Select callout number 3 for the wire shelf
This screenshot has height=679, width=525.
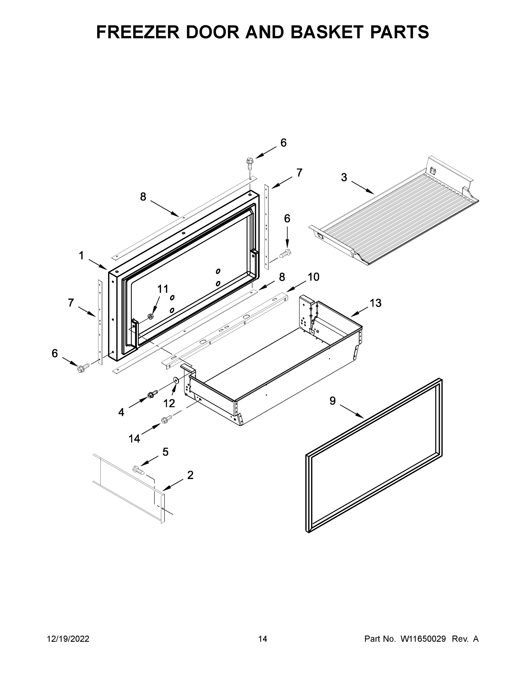[x=344, y=177]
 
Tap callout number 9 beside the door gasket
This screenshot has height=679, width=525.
[x=333, y=401]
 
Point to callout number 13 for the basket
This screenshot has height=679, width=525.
[x=375, y=303]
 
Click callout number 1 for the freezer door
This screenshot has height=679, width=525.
[x=81, y=256]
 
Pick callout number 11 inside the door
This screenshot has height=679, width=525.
[x=162, y=289]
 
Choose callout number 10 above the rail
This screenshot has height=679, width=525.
[x=314, y=277]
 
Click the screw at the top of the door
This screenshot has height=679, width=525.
[x=249, y=163]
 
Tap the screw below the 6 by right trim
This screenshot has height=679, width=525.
[x=285, y=253]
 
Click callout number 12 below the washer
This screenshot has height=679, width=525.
[x=169, y=403]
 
